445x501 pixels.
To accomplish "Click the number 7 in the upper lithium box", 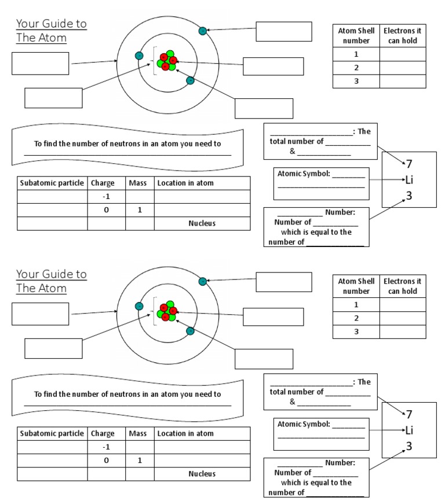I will [x=409, y=164].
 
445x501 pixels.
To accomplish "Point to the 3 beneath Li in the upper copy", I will [x=409, y=196].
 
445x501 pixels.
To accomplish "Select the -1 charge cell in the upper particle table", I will [x=106, y=197].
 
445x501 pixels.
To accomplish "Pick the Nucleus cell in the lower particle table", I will [x=202, y=474].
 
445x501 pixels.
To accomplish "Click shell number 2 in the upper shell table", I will [x=356, y=68].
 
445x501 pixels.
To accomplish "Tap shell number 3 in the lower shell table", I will [x=356, y=331].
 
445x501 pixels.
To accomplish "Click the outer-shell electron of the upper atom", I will [x=202, y=31].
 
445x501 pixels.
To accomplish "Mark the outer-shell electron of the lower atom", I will [x=202, y=282].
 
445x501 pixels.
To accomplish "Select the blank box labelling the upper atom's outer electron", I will [x=283, y=31].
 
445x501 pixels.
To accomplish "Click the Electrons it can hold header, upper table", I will [x=403, y=36].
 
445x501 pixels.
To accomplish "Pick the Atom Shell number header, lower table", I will [x=356, y=286].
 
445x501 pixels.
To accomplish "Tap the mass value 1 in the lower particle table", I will [x=140, y=461].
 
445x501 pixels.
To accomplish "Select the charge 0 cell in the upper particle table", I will [x=106, y=210].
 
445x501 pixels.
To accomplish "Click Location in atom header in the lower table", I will [x=185, y=433].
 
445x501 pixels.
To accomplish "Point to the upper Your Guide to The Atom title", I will [x=51, y=31].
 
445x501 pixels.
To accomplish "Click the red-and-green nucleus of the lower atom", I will [x=167, y=310].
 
